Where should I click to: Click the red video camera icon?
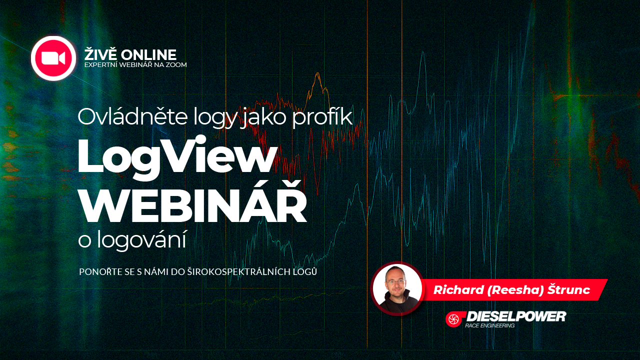53,58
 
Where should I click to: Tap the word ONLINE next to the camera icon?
149,54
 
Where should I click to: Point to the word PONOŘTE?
99,272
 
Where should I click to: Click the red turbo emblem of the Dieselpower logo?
454,319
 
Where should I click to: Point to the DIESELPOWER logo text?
515,316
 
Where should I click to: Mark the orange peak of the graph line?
316,75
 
